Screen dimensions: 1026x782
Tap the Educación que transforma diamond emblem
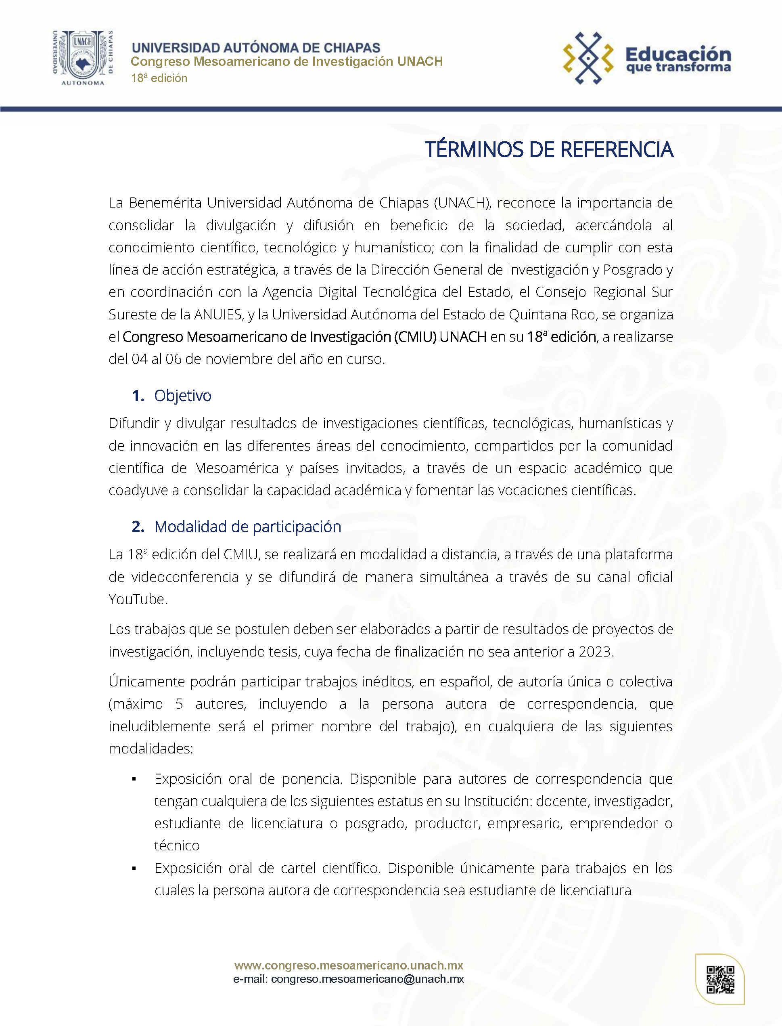coord(588,58)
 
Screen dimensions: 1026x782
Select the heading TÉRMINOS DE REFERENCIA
coord(549,149)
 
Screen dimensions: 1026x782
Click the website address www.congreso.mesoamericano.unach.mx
coord(349,965)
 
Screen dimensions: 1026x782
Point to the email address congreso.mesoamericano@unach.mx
coord(367,979)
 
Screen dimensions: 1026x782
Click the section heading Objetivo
coord(182,395)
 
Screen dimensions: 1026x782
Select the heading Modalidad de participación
coord(248,526)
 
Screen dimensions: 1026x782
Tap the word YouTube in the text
coord(137,599)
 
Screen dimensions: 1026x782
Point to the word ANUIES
coord(218,315)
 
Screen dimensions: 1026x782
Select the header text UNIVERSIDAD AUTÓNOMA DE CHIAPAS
coord(256,48)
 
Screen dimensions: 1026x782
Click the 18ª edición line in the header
coord(159,78)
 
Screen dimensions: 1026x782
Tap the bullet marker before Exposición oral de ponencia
coord(134,779)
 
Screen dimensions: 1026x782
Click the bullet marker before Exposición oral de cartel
coord(134,869)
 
